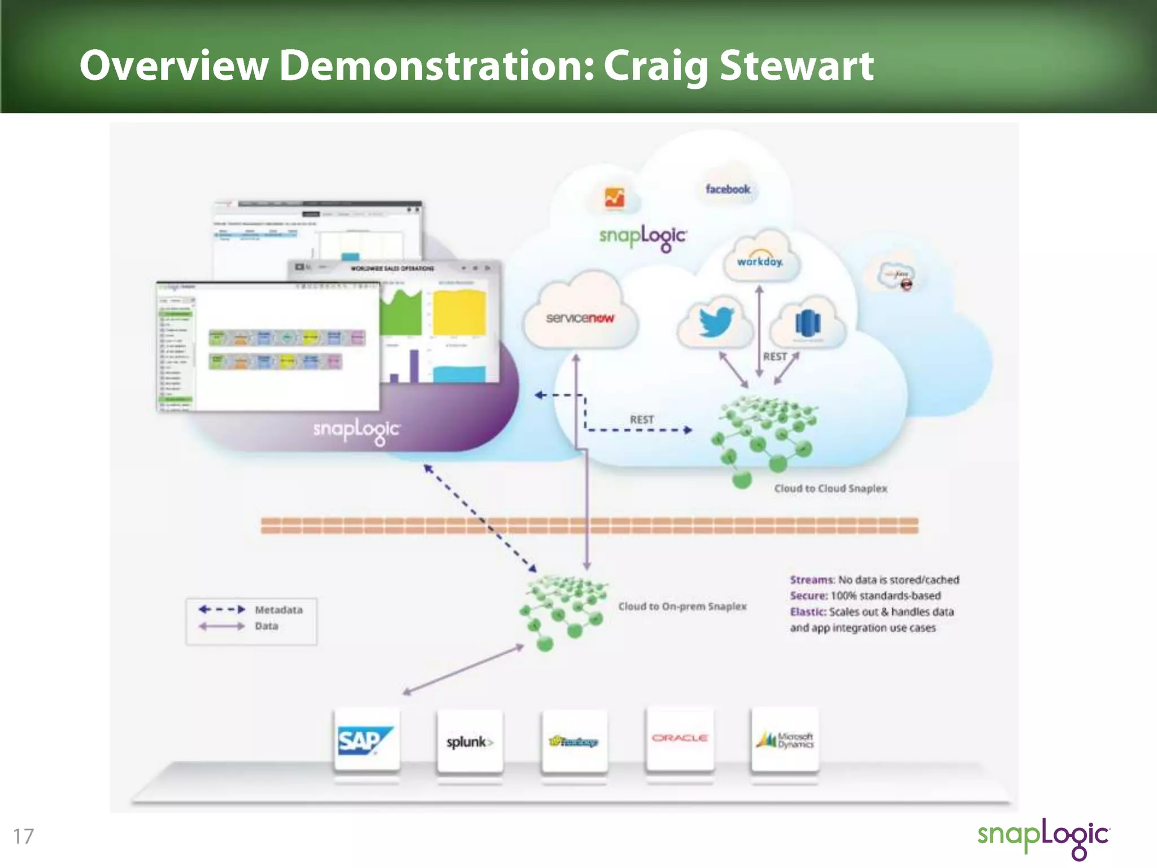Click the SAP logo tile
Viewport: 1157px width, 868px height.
click(x=366, y=740)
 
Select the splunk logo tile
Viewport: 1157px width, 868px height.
click(x=469, y=741)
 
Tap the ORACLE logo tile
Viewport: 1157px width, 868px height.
click(x=680, y=739)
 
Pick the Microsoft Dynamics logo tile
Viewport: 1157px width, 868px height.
click(x=785, y=740)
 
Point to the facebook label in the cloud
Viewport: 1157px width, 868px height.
click(x=728, y=189)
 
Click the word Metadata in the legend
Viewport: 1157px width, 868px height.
click(x=279, y=610)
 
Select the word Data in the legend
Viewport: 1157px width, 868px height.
click(x=266, y=626)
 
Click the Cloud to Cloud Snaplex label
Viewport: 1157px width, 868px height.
click(x=830, y=488)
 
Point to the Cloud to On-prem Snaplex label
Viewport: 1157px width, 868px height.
click(x=682, y=606)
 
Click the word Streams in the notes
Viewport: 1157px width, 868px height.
click(x=811, y=580)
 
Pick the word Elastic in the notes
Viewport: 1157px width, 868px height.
click(x=808, y=611)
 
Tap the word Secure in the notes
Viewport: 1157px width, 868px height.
click(x=808, y=596)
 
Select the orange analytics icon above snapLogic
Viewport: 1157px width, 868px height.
click(x=615, y=198)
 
